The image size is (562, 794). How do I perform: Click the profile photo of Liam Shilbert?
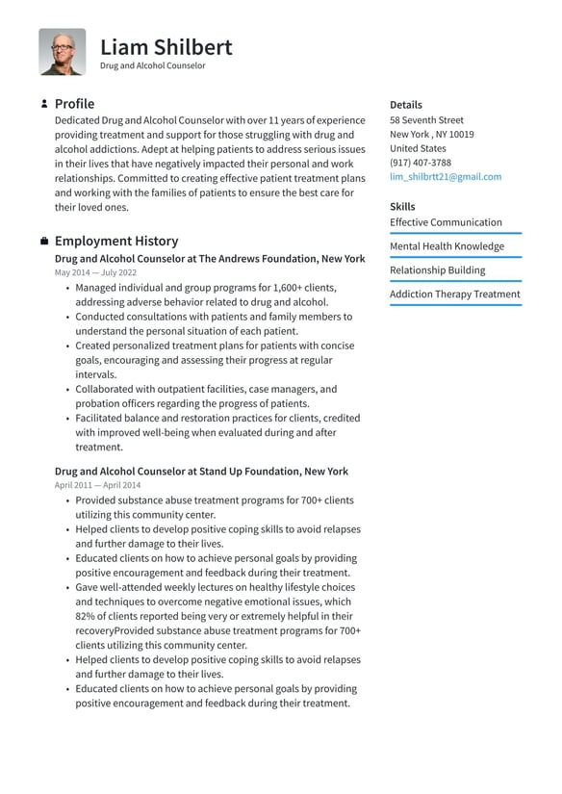[62, 52]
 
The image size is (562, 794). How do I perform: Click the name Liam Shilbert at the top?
[166, 46]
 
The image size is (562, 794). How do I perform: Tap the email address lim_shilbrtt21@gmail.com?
[445, 177]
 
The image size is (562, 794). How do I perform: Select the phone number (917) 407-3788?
[421, 163]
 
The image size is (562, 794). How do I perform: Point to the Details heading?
[405, 105]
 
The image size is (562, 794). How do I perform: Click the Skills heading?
[402, 207]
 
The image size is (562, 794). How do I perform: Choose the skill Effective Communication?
[446, 222]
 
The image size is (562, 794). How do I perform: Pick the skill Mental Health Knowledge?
[447, 246]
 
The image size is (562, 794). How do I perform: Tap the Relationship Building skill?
[437, 270]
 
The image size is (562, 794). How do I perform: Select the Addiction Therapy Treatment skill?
[454, 295]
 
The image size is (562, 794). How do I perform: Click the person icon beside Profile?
[44, 104]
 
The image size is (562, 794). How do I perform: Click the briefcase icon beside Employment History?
[44, 242]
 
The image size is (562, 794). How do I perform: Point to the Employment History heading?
[116, 242]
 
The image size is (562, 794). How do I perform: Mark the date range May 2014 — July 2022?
[95, 273]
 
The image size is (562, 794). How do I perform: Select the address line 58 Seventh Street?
[426, 120]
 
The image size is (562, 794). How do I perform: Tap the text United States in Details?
[418, 149]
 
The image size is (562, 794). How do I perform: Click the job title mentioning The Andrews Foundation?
[210, 259]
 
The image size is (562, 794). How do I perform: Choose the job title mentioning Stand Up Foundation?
[201, 472]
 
